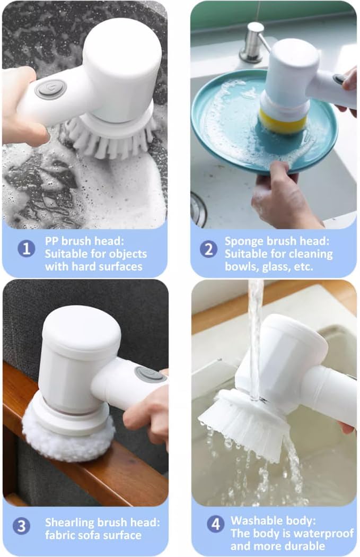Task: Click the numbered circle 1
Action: pyautogui.click(x=27, y=248)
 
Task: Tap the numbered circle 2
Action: pyautogui.click(x=208, y=248)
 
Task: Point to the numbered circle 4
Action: pyautogui.click(x=215, y=525)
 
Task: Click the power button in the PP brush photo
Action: pyautogui.click(x=51, y=89)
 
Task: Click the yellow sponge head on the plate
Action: pyautogui.click(x=283, y=122)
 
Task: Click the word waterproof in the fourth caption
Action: pyautogui.click(x=327, y=533)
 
